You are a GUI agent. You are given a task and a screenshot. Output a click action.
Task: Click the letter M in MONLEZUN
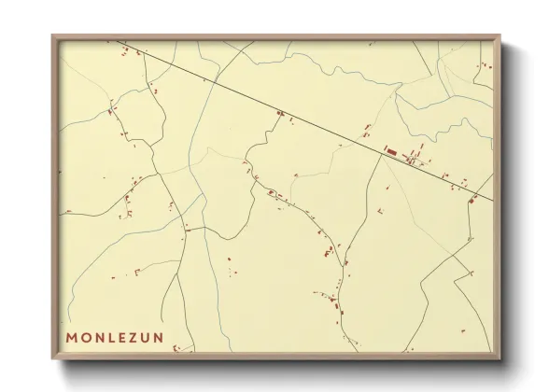click(73, 336)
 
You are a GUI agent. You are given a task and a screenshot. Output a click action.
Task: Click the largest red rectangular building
click(391, 150)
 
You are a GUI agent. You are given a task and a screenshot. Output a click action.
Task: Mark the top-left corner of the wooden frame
click(52, 35)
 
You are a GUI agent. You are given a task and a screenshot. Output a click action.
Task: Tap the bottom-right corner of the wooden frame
click(501, 359)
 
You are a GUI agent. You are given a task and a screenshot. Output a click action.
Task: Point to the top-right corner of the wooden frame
click(501, 35)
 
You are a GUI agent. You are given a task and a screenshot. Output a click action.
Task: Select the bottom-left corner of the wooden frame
click(52, 359)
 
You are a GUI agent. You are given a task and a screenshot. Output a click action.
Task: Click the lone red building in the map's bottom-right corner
click(458, 333)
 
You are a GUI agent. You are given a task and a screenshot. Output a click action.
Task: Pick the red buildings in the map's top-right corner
click(485, 64)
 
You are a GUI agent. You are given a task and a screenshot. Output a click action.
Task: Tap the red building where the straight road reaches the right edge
click(473, 198)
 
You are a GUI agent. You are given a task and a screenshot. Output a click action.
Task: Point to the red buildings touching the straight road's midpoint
click(279, 115)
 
